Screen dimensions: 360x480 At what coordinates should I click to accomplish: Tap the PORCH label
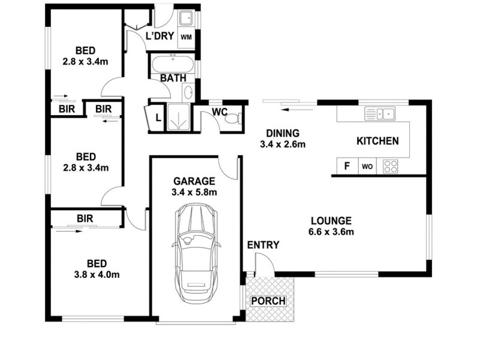tap(268, 301)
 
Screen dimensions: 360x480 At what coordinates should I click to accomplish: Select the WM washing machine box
tap(187, 37)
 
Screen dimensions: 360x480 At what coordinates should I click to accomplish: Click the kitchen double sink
tap(380, 112)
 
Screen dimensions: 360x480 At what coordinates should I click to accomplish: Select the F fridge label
tap(346, 166)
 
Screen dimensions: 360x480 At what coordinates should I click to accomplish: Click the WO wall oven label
tap(367, 167)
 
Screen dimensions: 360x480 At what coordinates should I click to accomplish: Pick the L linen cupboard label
tap(158, 118)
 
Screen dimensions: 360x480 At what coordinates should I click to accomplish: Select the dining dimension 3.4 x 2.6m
tap(283, 144)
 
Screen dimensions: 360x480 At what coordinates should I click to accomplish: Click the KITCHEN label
tap(377, 141)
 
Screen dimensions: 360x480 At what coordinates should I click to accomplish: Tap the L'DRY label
tap(160, 36)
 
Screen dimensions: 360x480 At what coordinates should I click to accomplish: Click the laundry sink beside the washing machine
tap(186, 18)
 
